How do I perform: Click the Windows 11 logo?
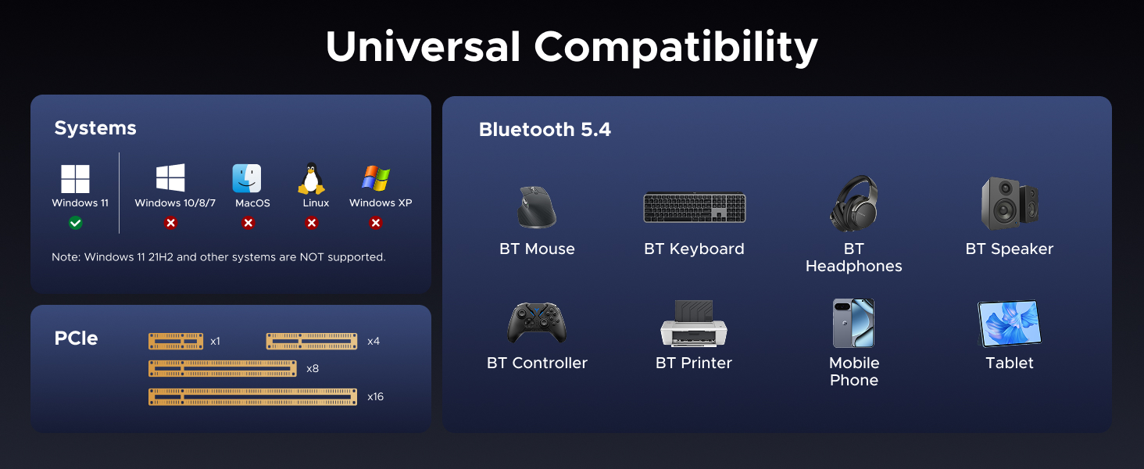75,179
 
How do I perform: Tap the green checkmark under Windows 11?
75,223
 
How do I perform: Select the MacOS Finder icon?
247,178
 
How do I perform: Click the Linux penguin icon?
311,178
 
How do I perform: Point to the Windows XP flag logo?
376,178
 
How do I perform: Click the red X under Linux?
311,223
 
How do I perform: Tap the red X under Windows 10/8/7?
170,223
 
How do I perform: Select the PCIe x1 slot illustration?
176,342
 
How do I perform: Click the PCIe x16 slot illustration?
252,397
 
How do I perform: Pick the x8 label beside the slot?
313,369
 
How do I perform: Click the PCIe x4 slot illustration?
312,342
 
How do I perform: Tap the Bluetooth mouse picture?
536,206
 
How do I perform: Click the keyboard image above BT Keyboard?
694,208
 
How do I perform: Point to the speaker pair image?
1010,203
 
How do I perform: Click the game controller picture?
537,323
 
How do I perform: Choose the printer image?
694,323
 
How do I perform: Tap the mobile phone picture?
853,323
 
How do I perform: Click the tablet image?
1010,324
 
